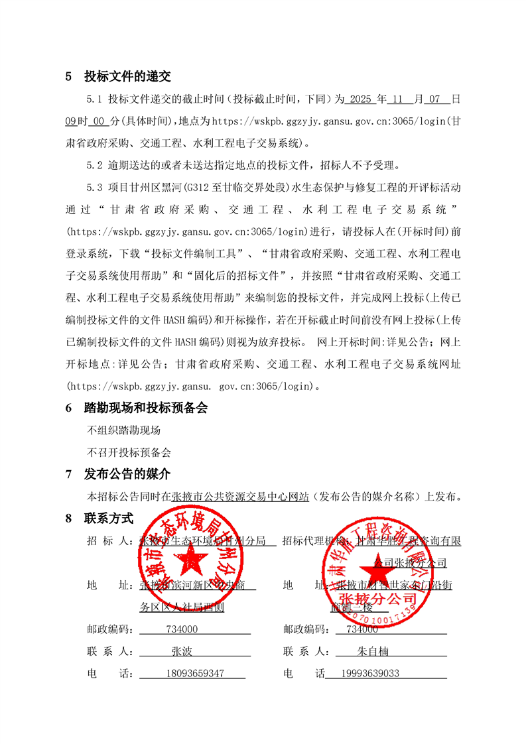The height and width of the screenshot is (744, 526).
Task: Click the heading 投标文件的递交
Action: pos(127,76)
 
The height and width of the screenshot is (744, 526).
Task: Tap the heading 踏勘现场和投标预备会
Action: pos(145,408)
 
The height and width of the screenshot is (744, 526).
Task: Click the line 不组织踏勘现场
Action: pos(124,430)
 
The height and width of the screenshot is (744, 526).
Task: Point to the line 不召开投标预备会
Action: pos(129,452)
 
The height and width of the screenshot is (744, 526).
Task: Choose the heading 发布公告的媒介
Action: pos(127,474)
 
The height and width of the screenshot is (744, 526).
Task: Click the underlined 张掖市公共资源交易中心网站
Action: pos(240,496)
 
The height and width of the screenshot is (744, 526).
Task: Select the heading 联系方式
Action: pos(109,518)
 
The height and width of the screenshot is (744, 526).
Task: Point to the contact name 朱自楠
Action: pos(372,652)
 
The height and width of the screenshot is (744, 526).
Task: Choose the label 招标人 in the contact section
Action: pos(109,541)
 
